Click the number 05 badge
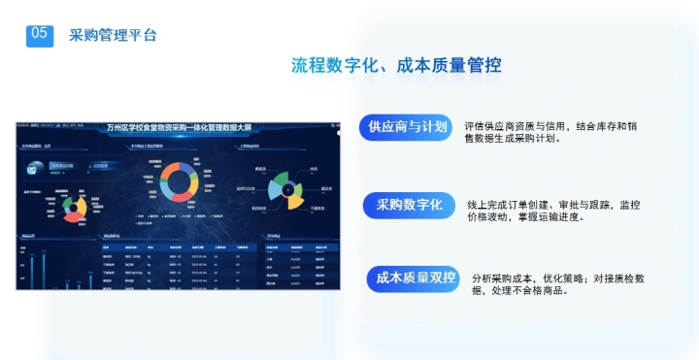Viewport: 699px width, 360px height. click(x=40, y=33)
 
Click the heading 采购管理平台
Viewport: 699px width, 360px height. click(x=114, y=35)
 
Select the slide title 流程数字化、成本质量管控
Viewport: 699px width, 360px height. click(x=396, y=66)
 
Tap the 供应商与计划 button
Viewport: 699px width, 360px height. click(x=407, y=127)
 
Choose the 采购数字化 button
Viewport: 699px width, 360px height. click(x=409, y=205)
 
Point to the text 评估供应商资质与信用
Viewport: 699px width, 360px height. click(x=519, y=125)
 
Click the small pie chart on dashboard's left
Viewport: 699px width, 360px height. click(x=71, y=205)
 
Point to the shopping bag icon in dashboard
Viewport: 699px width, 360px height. click(x=33, y=168)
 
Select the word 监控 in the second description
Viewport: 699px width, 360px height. click(x=629, y=205)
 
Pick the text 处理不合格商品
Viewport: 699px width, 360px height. click(x=538, y=290)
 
